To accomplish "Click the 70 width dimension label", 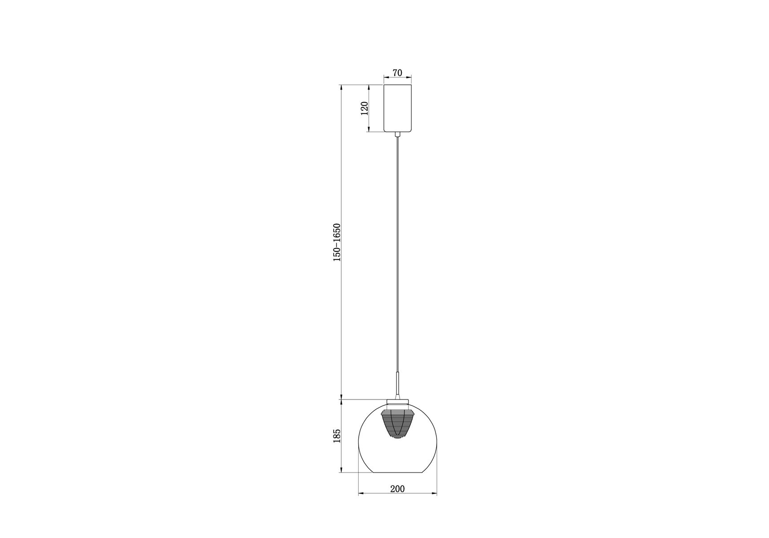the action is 397,73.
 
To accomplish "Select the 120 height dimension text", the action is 364,108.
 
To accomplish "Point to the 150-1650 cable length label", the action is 337,242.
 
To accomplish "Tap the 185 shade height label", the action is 337,436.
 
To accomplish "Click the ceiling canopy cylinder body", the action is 397,108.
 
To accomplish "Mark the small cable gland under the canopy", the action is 397,134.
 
